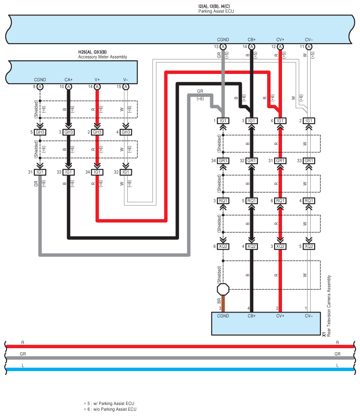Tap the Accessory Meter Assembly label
pos(102,57)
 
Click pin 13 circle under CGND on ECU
pos(223,47)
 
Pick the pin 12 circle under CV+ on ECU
pos(280,47)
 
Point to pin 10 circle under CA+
pos(69,87)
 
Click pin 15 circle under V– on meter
pos(126,87)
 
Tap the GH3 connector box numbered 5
pos(40,132)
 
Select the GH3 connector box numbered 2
pos(97,132)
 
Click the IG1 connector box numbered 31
pos(40,172)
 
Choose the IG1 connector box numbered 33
pos(69,172)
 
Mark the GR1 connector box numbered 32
pos(252,161)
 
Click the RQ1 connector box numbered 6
pos(280,201)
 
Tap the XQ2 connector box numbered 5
pos(309,246)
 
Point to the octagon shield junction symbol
pos(223,289)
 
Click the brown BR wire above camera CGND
pos(223,303)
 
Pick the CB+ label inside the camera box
pos(252,316)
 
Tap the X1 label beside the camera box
pos(324,335)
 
